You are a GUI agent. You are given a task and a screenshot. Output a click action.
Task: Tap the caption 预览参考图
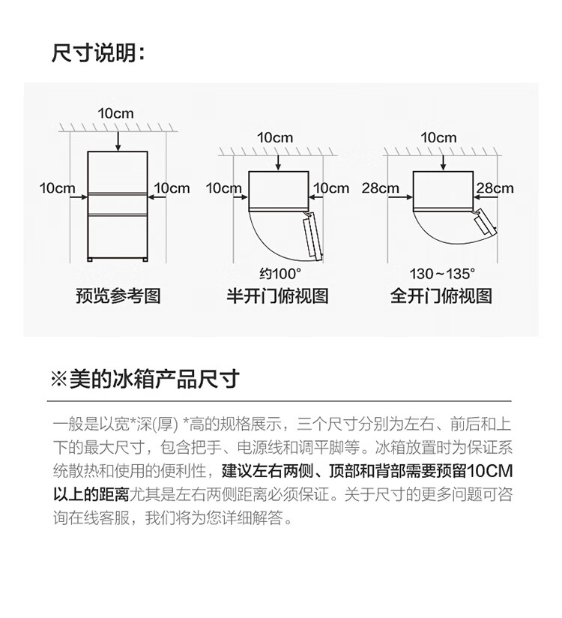[118, 296]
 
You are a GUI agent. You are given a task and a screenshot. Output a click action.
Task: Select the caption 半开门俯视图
[278, 296]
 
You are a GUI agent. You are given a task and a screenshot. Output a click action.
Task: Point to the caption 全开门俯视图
[441, 296]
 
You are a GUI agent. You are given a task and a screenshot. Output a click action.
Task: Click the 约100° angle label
[280, 274]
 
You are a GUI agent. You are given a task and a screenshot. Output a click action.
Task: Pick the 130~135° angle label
[442, 274]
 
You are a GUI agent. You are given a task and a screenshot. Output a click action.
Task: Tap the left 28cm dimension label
[381, 188]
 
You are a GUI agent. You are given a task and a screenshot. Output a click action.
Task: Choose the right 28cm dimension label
[495, 188]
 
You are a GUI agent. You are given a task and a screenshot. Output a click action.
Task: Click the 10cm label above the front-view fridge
[116, 113]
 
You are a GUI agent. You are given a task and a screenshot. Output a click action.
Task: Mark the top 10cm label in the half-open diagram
[275, 137]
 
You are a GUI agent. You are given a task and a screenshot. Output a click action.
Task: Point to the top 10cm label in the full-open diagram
[438, 137]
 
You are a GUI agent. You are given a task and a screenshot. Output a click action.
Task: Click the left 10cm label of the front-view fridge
[57, 188]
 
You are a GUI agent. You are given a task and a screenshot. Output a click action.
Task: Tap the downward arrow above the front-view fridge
[118, 142]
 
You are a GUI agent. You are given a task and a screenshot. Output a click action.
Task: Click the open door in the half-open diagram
[313, 235]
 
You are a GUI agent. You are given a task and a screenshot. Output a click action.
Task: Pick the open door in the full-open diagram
[485, 222]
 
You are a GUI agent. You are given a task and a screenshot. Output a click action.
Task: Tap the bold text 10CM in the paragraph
[489, 470]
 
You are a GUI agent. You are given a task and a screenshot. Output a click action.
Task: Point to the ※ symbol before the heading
[59, 379]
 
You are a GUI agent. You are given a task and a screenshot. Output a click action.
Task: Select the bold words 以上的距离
[91, 494]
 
